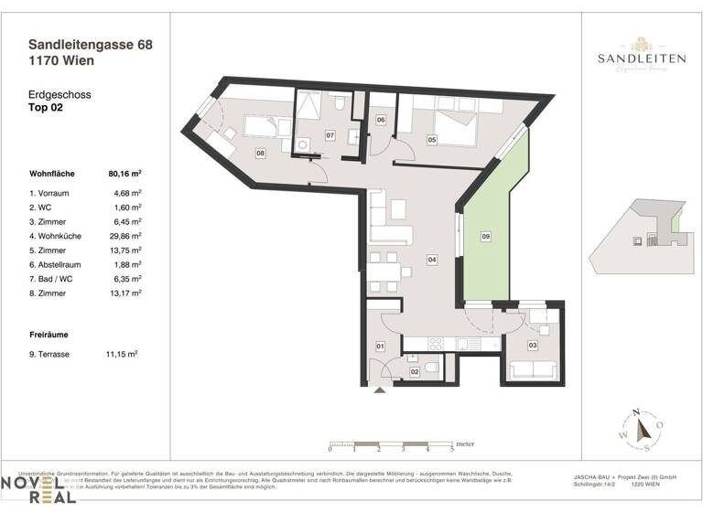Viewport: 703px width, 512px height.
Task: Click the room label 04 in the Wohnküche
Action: (x=431, y=260)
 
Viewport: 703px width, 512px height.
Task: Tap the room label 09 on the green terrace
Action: (x=486, y=237)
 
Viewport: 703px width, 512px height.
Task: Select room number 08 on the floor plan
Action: (x=261, y=153)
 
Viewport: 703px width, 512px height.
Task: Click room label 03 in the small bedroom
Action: (x=532, y=346)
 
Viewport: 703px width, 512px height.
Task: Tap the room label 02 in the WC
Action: (x=414, y=371)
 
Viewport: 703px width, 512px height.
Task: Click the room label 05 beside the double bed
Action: (x=432, y=140)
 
